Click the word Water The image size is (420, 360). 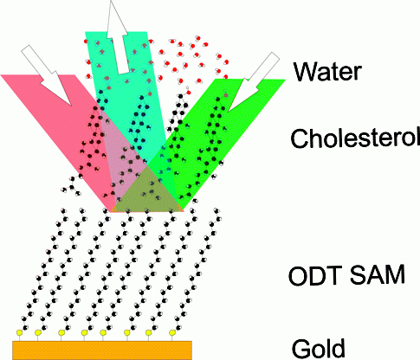tap(327, 71)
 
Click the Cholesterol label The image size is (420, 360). tap(355, 138)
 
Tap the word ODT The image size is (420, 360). tap(315, 276)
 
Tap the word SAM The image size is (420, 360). tap(378, 276)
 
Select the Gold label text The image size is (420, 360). tap(319, 349)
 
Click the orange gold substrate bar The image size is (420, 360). tap(102, 350)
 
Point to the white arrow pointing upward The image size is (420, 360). tap(118, 37)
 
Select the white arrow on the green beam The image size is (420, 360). tap(254, 81)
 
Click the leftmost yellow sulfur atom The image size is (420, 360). tap(20, 332)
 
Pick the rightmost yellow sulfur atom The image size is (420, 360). tap(172, 332)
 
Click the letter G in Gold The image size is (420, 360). tap(300, 349)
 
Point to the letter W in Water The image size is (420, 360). tap(306, 71)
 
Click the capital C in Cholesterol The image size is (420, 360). tap(300, 138)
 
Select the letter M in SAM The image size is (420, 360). tap(395, 276)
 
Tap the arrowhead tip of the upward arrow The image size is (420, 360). tap(111, 1)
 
